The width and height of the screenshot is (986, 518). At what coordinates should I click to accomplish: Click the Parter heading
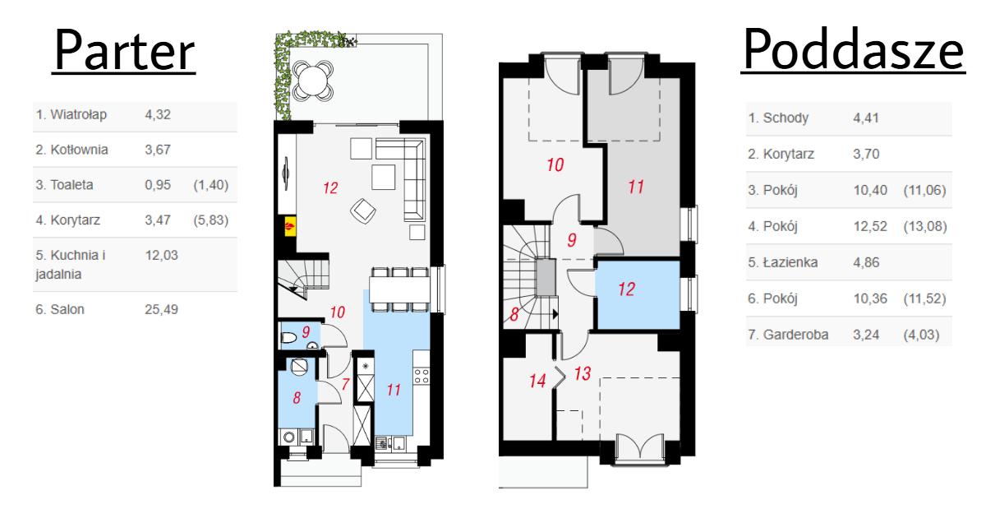coord(124,50)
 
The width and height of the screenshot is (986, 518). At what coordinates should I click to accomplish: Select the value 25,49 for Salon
coord(162,309)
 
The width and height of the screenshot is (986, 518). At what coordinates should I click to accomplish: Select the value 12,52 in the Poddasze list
coord(870,226)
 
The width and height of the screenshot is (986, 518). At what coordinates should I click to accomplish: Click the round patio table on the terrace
coord(312,81)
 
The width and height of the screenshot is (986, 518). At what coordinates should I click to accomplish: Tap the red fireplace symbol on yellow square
coord(290,226)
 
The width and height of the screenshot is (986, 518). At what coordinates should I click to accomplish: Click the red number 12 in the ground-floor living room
coord(330,188)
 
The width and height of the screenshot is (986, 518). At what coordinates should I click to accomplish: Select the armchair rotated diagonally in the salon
coord(363,211)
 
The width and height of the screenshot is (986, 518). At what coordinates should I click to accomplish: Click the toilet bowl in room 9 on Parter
coord(288,338)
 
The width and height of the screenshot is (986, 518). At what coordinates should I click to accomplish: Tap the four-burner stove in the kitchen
coord(422,377)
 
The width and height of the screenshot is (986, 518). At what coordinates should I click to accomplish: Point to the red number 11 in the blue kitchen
coord(394,390)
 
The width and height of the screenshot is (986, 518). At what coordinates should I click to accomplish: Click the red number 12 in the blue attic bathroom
coord(626,289)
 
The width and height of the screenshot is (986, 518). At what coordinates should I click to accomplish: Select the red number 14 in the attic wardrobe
coord(537,381)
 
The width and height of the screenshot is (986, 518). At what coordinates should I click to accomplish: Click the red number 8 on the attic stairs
coord(514,314)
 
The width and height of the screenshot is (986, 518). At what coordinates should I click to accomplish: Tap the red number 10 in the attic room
coord(555,164)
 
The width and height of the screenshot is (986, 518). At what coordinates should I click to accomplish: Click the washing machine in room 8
coord(288,437)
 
